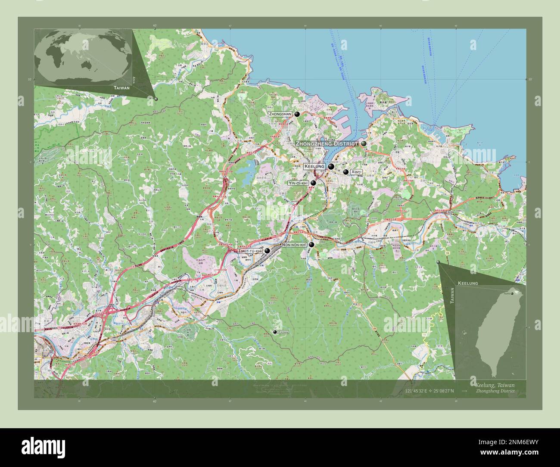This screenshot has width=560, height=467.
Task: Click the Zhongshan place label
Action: pyautogui.click(x=280, y=114)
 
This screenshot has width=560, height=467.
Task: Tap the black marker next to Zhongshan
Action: pyautogui.click(x=297, y=114)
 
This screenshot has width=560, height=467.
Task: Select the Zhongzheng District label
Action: pyautogui.click(x=327, y=143)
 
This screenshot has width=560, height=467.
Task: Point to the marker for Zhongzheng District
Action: pyautogui.click(x=364, y=143)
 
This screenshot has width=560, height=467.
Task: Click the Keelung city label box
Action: pyautogui.click(x=314, y=166)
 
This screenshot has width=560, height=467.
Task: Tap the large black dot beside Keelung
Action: pyautogui.click(x=331, y=167)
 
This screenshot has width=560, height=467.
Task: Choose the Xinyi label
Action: pyautogui.click(x=356, y=172)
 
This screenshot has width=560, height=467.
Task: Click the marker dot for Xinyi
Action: pyautogui.click(x=345, y=172)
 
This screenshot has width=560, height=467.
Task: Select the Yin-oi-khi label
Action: pyautogui.click(x=298, y=183)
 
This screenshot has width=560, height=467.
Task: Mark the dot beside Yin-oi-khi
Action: pyautogui.click(x=313, y=183)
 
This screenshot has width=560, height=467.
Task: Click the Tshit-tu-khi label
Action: pyautogui.click(x=250, y=251)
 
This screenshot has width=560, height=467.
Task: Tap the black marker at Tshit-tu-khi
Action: pyautogui.click(x=267, y=250)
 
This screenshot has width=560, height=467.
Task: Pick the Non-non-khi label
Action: pyautogui.click(x=294, y=245)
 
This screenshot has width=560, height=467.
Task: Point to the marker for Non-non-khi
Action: pyautogui.click(x=311, y=245)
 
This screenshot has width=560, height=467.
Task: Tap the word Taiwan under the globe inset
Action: pyautogui.click(x=121, y=87)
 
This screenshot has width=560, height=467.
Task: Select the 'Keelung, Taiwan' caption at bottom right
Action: pyautogui.click(x=494, y=385)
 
